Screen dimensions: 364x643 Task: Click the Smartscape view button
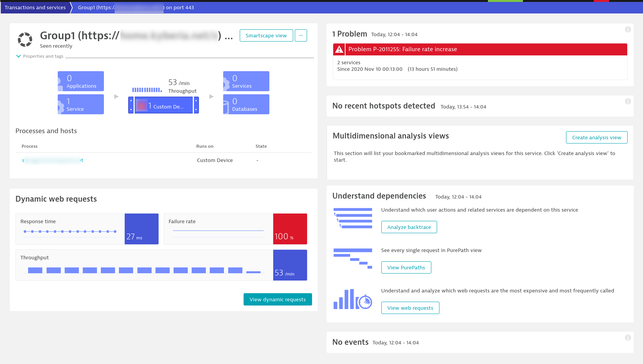266,35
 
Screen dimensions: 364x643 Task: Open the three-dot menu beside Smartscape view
301,35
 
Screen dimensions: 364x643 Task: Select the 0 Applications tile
81,81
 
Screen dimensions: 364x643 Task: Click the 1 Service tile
81,104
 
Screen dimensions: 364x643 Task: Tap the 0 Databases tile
246,104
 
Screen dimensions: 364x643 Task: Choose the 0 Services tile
246,81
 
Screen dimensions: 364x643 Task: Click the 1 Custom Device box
164,105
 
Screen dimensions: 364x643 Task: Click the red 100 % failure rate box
290,229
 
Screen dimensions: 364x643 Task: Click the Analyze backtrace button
409,227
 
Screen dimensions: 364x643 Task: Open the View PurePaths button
406,267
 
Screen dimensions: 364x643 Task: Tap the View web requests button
410,308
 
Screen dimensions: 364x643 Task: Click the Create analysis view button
596,137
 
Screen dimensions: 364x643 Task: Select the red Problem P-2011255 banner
480,49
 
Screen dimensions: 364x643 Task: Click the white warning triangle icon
339,49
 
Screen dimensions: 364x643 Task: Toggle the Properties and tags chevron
18,56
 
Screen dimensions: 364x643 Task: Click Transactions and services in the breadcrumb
35,7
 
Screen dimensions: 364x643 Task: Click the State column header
261,146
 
